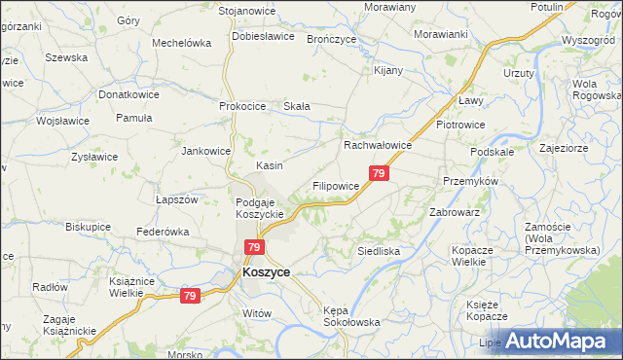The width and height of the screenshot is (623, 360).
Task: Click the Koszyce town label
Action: [x=266, y=273]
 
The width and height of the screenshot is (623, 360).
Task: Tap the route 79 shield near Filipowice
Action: [x=380, y=173]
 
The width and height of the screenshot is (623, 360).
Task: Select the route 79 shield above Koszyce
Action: [x=253, y=249]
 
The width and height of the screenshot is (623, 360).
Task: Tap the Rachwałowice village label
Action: [x=379, y=145]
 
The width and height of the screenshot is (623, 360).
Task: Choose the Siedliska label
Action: [x=379, y=250]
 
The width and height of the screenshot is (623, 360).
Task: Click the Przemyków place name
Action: [x=470, y=182]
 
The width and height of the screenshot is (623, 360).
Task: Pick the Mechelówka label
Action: [x=182, y=43]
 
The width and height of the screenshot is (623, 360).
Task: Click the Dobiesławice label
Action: [x=263, y=36]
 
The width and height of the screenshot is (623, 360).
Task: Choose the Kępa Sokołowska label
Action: [x=350, y=315]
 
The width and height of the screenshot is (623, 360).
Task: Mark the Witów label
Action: [x=255, y=313]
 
